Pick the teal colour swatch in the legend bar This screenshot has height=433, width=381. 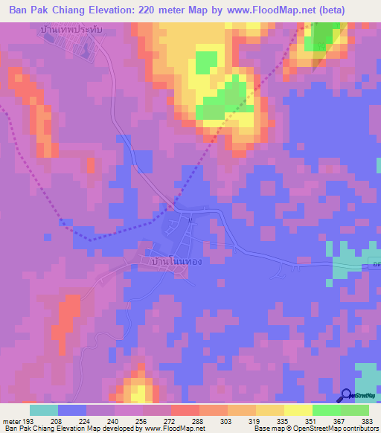pyautogui.click(x=43, y=409)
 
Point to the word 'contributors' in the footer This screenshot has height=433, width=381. pyautogui.click(x=358, y=429)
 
